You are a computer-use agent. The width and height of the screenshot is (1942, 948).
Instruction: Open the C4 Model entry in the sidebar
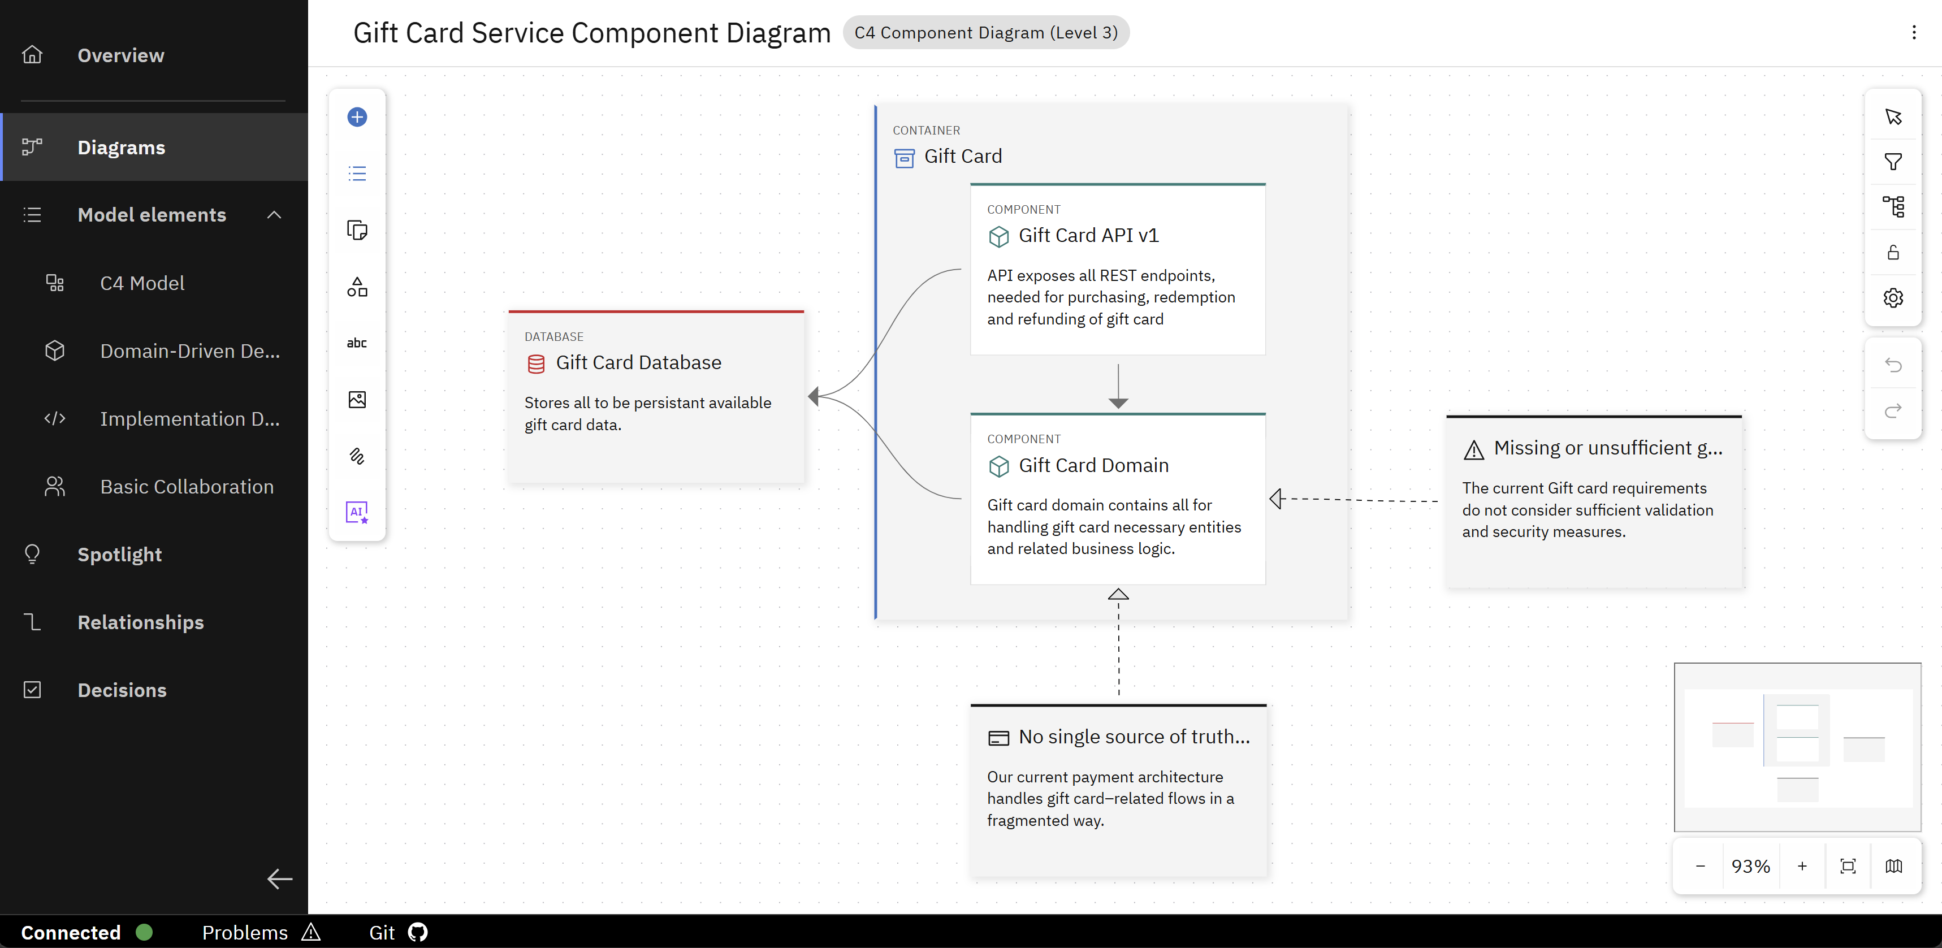pyautogui.click(x=142, y=283)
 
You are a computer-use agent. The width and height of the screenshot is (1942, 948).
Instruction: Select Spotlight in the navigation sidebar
pyautogui.click(x=119, y=554)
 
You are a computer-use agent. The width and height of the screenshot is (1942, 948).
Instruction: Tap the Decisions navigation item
pyautogui.click(x=122, y=690)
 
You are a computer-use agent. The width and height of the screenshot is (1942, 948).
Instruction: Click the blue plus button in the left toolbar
pyautogui.click(x=357, y=117)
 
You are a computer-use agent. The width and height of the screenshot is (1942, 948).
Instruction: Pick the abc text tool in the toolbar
pyautogui.click(x=357, y=343)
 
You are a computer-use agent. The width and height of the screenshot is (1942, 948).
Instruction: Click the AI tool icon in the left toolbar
pyautogui.click(x=357, y=512)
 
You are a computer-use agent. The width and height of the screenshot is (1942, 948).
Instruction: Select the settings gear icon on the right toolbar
pyautogui.click(x=1893, y=298)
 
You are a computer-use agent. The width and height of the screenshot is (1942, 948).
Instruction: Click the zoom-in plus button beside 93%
pyautogui.click(x=1802, y=866)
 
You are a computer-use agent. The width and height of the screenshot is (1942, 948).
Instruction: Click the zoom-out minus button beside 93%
pyautogui.click(x=1700, y=866)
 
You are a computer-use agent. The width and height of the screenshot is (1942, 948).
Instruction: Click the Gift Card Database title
pyautogui.click(x=638, y=362)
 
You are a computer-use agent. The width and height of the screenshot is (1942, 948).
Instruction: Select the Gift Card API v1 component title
pyautogui.click(x=1089, y=235)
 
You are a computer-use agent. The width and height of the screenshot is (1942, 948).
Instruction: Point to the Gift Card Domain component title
pyautogui.click(x=1093, y=465)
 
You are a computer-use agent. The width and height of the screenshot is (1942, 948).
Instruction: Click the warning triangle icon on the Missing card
pyautogui.click(x=1473, y=450)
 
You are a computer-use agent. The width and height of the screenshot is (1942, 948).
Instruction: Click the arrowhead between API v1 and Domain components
pyautogui.click(x=1118, y=403)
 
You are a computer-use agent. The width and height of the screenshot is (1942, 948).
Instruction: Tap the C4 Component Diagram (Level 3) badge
pyautogui.click(x=985, y=32)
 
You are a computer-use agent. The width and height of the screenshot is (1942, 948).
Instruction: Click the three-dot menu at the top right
pyautogui.click(x=1913, y=32)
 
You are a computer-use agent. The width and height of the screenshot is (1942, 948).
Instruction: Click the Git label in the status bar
pyautogui.click(x=382, y=932)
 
